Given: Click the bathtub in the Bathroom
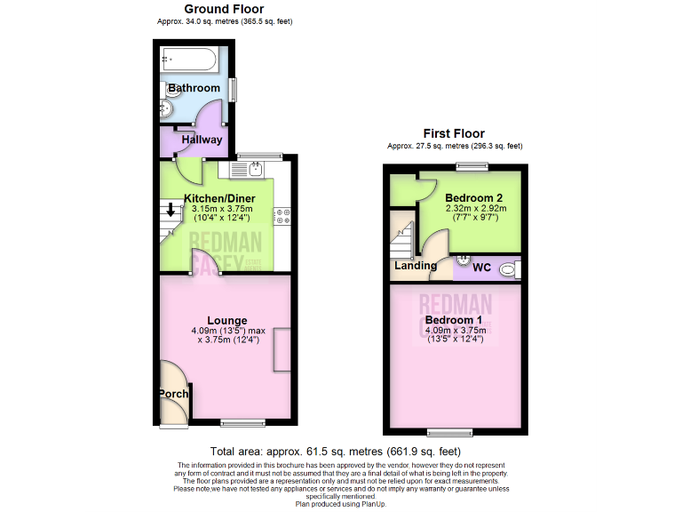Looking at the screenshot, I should coord(190,60).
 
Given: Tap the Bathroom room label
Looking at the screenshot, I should coord(194,88).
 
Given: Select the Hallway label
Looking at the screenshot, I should coord(202,140).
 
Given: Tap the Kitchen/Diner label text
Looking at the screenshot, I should coord(219,197).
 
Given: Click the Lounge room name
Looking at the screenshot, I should coord(226,320).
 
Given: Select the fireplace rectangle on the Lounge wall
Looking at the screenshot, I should coord(282,349).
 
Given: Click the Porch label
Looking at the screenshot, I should coord(173,394).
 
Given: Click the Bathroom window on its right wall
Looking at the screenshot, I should coord(233,90).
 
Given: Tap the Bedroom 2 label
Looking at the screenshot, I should coord(474,197).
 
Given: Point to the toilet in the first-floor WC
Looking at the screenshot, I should coord(508,268).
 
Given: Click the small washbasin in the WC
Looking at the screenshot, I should coord(462,260).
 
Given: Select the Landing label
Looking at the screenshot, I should coord(416,265).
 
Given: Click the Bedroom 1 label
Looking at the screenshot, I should coord(453,319).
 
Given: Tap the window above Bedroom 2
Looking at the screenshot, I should coord(465,165).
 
